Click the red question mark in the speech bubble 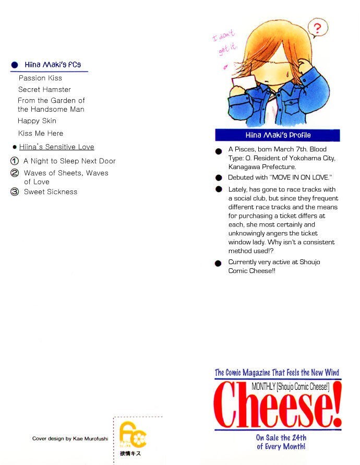point(317,27)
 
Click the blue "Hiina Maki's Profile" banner point(278,135)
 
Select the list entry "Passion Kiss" point(40,78)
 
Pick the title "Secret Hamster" point(44,90)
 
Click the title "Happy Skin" point(37,121)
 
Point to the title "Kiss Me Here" point(41,134)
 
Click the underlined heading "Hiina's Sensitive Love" point(56,147)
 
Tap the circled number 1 point(15,161)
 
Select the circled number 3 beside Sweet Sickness point(15,192)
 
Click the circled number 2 point(15,173)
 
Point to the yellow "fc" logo point(132,433)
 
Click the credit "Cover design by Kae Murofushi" point(70,439)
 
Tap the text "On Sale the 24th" point(281,437)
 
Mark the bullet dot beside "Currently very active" point(219,264)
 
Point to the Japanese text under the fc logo point(130,454)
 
